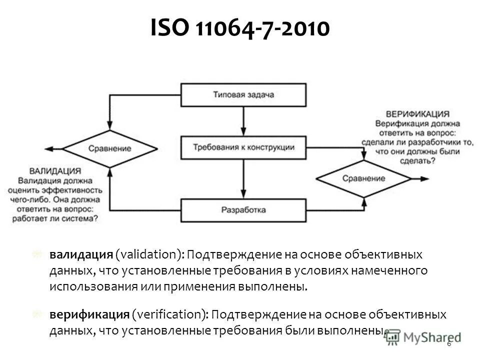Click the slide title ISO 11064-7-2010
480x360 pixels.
pyautogui.click(x=239, y=29)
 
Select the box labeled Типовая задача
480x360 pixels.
pyautogui.click(x=243, y=95)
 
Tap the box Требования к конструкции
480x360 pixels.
pyautogui.click(x=243, y=147)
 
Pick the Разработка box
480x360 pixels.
pyautogui.click(x=243, y=210)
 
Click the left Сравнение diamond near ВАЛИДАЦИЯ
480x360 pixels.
pyautogui.click(x=110, y=148)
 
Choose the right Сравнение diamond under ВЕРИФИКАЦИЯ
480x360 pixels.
pyautogui.click(x=363, y=178)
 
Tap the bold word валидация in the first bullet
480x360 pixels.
pyautogui.click(x=80, y=255)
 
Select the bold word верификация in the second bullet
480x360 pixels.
pyautogui.click(x=89, y=315)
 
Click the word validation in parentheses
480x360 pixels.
pyautogui.click(x=148, y=255)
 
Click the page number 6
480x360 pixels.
pyautogui.click(x=448, y=343)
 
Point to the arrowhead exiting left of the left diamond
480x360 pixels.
pyautogui.click(x=48, y=148)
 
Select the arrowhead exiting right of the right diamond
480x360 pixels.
pyautogui.click(x=425, y=178)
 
